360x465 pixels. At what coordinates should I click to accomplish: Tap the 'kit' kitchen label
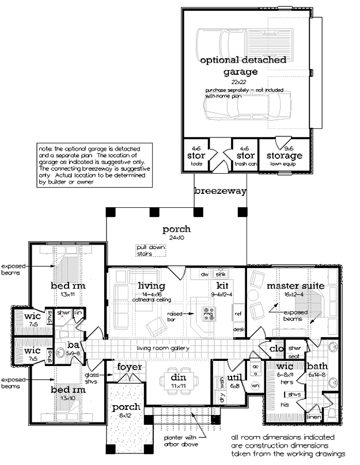click(x=223, y=285)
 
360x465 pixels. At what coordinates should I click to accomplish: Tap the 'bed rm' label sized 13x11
click(x=68, y=286)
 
